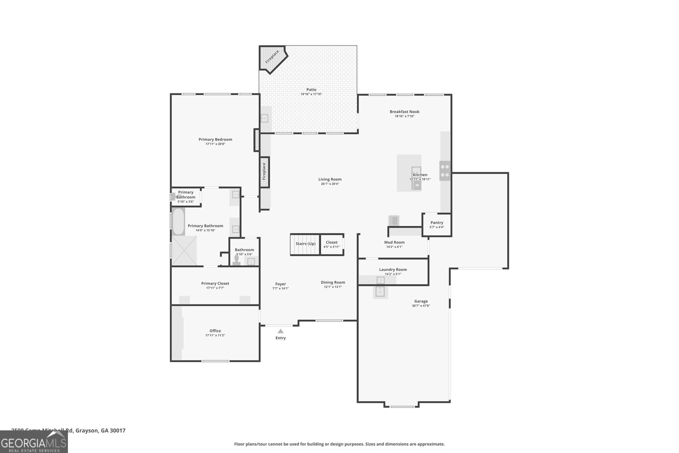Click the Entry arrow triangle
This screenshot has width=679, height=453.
pyautogui.click(x=281, y=331)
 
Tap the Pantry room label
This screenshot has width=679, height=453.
pyautogui.click(x=437, y=222)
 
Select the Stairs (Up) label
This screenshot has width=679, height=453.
pyautogui.click(x=305, y=244)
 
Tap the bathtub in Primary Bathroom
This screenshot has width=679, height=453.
pyautogui.click(x=178, y=222)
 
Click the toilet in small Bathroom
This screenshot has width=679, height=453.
pyautogui.click(x=237, y=260)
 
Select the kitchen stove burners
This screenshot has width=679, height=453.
pyautogui.click(x=445, y=171)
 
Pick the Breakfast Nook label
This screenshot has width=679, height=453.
pyautogui.click(x=404, y=112)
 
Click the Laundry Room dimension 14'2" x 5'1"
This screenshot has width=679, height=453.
pyautogui.click(x=393, y=274)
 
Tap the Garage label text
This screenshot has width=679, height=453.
pyautogui.click(x=421, y=301)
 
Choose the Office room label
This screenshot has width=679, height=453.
pyautogui.click(x=215, y=331)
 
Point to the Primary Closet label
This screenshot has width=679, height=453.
pyautogui.click(x=215, y=283)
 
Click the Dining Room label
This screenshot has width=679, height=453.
pyautogui.click(x=333, y=282)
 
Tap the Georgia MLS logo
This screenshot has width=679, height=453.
pyautogui.click(x=34, y=442)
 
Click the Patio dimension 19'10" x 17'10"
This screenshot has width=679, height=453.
pyautogui.click(x=311, y=94)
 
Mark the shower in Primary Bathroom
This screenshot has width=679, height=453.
pyautogui.click(x=184, y=250)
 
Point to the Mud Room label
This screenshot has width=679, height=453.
pyautogui.click(x=394, y=242)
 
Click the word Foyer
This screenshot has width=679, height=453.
pyautogui.click(x=281, y=284)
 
